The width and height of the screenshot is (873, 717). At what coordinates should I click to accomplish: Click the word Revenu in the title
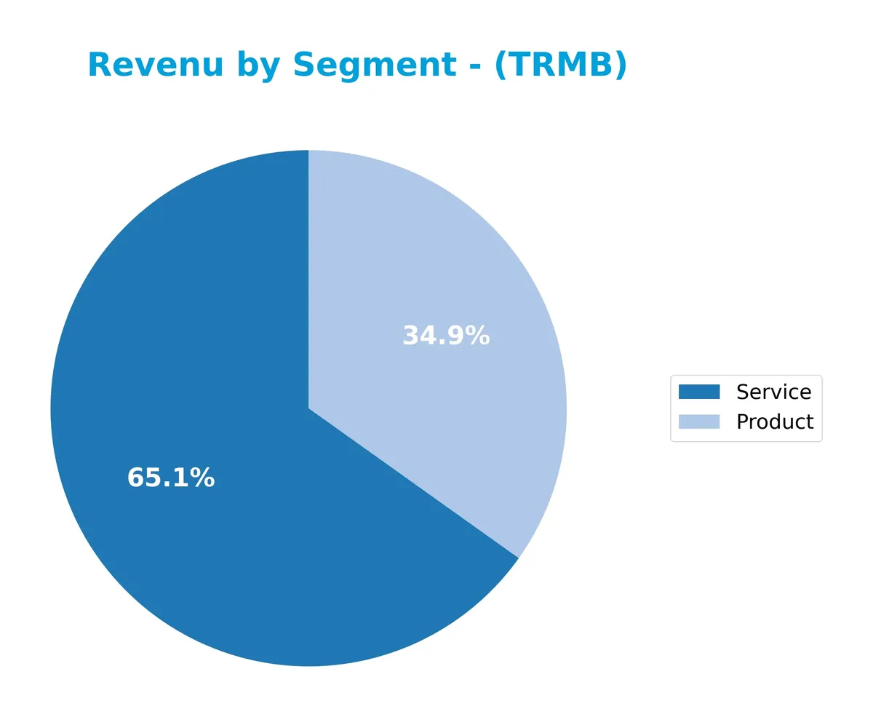(x=155, y=66)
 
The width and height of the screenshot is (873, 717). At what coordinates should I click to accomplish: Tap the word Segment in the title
(x=375, y=66)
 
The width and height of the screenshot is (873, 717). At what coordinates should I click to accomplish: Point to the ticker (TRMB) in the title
(x=560, y=66)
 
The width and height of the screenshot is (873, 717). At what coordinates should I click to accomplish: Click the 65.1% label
(x=171, y=478)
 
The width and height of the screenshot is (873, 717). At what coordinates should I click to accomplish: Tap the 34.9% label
(x=446, y=336)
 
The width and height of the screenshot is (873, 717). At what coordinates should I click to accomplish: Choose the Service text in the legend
(x=773, y=392)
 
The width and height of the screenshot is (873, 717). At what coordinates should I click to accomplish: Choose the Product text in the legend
(x=775, y=421)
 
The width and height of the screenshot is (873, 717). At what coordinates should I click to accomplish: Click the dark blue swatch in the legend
(x=698, y=392)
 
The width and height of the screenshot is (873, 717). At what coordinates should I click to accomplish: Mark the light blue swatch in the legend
(x=698, y=421)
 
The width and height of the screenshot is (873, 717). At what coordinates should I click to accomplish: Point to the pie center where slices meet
(x=308, y=408)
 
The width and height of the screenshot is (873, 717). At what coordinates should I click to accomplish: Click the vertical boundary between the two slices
(x=308, y=277)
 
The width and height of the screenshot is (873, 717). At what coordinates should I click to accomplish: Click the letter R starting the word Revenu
(x=99, y=66)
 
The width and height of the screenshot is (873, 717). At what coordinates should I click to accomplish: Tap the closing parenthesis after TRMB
(x=619, y=66)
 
